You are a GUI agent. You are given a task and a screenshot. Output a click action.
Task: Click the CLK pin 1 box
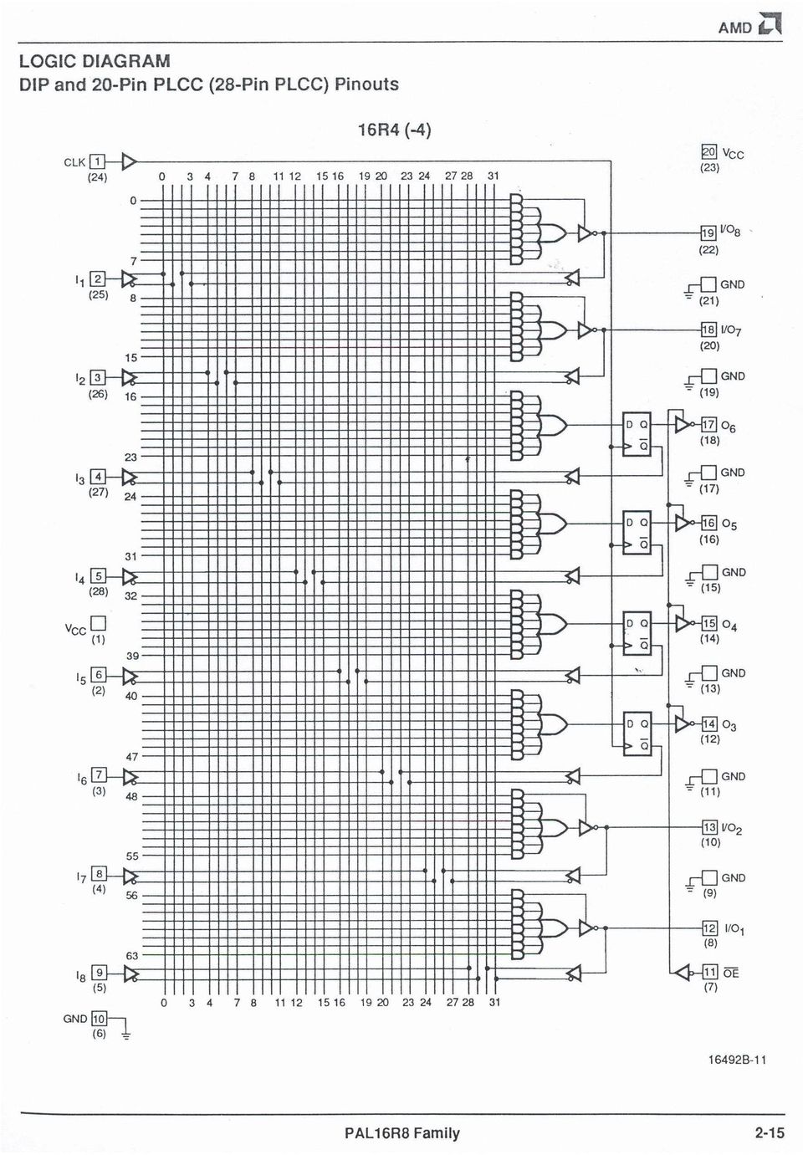tap(97, 162)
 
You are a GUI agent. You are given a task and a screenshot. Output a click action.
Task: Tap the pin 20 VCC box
tap(708, 152)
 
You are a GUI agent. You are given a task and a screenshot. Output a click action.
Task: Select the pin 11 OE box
tap(710, 973)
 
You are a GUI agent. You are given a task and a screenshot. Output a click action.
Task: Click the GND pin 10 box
tap(99, 1019)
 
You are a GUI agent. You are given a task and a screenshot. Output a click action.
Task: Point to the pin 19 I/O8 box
tap(708, 233)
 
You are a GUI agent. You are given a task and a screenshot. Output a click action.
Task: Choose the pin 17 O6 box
tap(708, 424)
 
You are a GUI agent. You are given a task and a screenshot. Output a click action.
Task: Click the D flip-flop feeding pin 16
tap(637, 533)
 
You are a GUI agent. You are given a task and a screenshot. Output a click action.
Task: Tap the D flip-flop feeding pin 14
tap(637, 733)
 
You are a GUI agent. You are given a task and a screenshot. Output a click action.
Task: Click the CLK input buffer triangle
tap(129, 162)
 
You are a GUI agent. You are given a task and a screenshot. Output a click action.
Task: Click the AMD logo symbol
tap(770, 24)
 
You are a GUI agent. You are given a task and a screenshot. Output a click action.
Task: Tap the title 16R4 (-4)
tap(395, 130)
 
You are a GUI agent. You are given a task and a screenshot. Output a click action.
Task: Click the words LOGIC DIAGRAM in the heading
tap(95, 61)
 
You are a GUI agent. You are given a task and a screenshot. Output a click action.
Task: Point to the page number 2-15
tap(770, 1133)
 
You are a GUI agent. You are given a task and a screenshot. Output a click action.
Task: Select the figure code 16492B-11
tap(737, 1060)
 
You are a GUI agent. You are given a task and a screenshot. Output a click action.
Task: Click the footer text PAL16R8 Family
tap(402, 1133)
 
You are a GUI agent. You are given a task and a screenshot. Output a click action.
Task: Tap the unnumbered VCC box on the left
tap(98, 623)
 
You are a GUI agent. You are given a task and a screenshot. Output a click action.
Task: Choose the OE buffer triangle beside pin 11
tap(683, 973)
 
